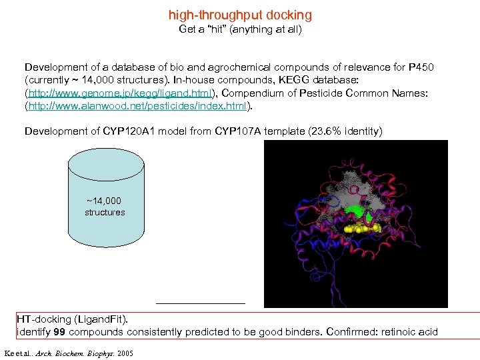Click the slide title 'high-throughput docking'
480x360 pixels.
pyautogui.click(x=240, y=15)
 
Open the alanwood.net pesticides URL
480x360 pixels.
pyautogui.click(x=138, y=106)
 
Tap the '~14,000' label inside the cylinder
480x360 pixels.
pyautogui.click(x=104, y=201)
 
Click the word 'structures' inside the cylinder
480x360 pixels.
pyautogui.click(x=105, y=213)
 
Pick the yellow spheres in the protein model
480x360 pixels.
pyautogui.click(x=362, y=229)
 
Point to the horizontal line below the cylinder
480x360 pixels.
pyautogui.click(x=201, y=303)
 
